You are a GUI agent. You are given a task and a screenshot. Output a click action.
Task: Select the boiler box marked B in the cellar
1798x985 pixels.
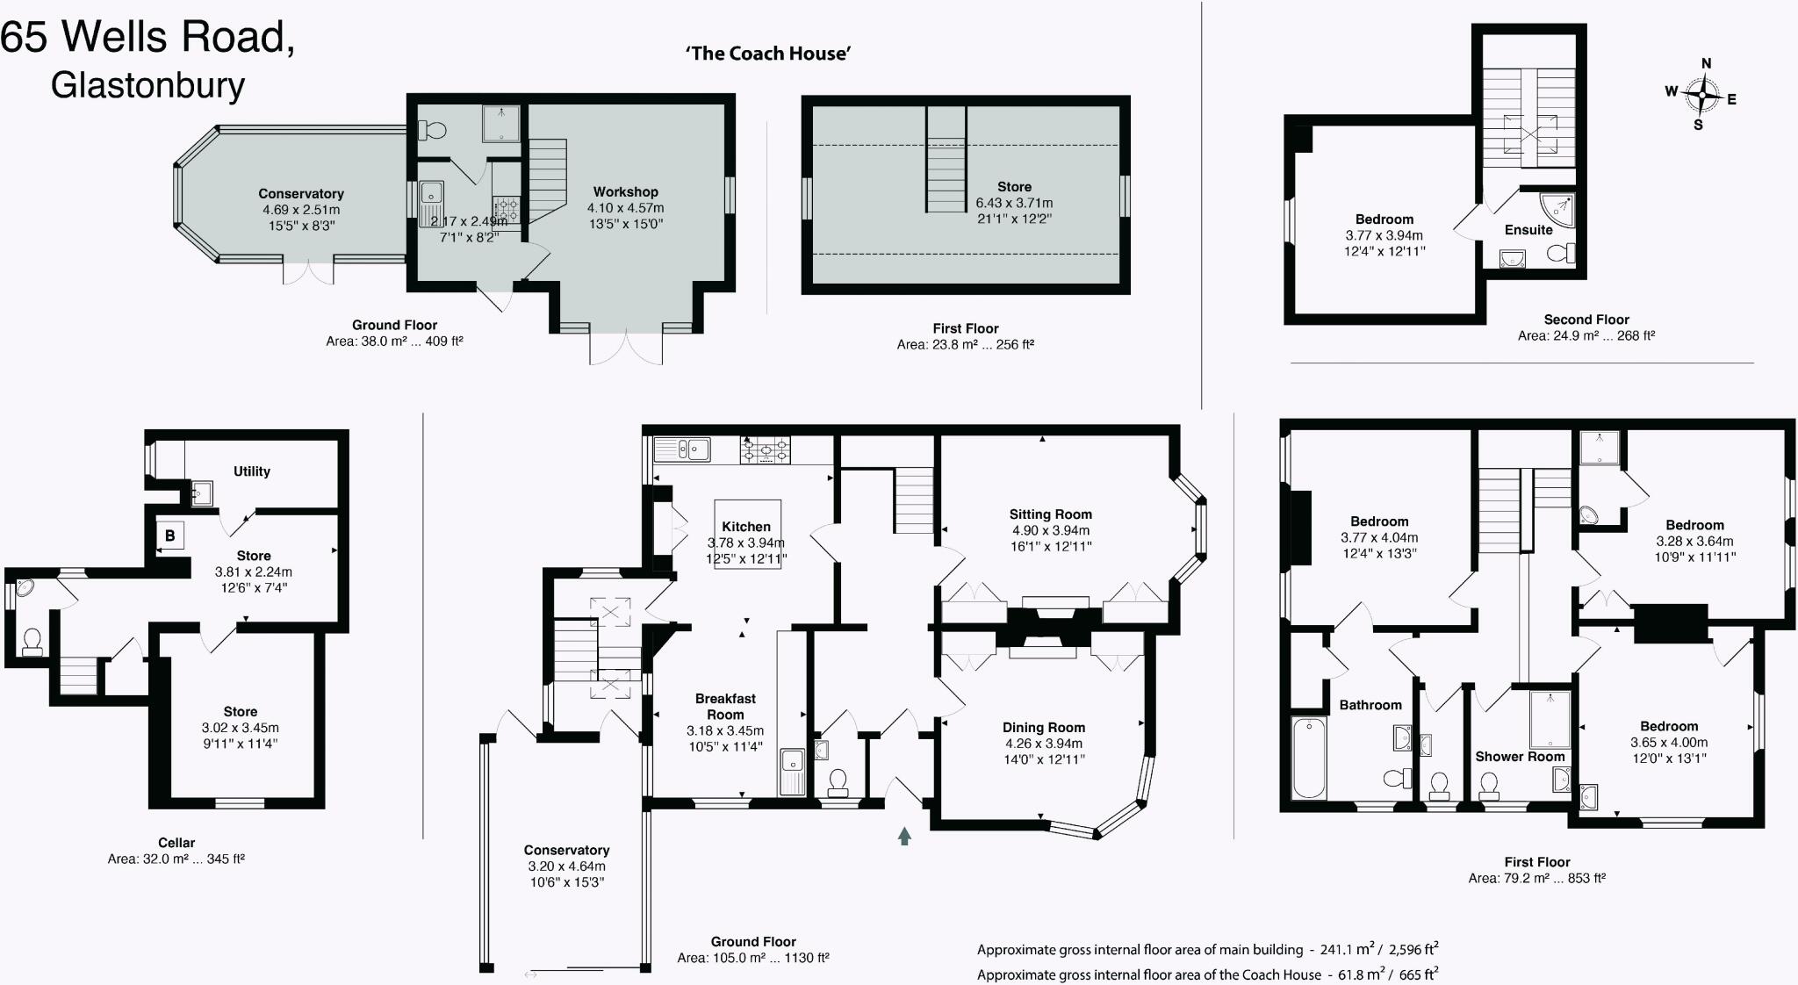coord(170,536)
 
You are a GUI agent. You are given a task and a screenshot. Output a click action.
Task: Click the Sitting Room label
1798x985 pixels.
coord(1050,514)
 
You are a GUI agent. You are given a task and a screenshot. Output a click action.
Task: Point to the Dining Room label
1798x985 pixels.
coord(1044,727)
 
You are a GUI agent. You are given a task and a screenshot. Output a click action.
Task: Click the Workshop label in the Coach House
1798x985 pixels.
coord(625,191)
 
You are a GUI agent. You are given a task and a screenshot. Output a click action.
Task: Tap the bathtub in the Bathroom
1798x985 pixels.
coord(1309,758)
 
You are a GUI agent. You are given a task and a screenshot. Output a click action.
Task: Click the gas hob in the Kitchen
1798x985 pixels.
coord(766,450)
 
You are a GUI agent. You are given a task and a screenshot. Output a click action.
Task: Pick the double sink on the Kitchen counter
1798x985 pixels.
coord(682,449)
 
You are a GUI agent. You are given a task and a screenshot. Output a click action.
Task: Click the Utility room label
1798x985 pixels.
coord(252,471)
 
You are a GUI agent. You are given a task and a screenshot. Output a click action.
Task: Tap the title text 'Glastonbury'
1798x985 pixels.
coord(147,86)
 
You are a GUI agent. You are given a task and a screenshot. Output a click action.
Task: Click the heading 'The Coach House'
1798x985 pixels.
coord(768,54)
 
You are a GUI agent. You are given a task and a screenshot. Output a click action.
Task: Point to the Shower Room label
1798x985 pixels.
coord(1520,756)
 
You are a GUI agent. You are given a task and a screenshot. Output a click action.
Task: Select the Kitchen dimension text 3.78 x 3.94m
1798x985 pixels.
coord(746,543)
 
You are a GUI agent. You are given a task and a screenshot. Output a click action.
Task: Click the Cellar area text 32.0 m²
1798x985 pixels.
coord(176,859)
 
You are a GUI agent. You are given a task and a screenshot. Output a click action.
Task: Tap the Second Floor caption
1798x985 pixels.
coord(1586,320)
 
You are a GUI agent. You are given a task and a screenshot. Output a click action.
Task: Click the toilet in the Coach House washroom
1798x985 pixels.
coord(433,131)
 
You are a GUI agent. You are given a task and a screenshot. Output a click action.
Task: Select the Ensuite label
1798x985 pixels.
coord(1528,230)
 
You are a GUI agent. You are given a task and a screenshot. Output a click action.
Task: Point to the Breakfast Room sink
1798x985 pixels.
coord(793,771)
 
